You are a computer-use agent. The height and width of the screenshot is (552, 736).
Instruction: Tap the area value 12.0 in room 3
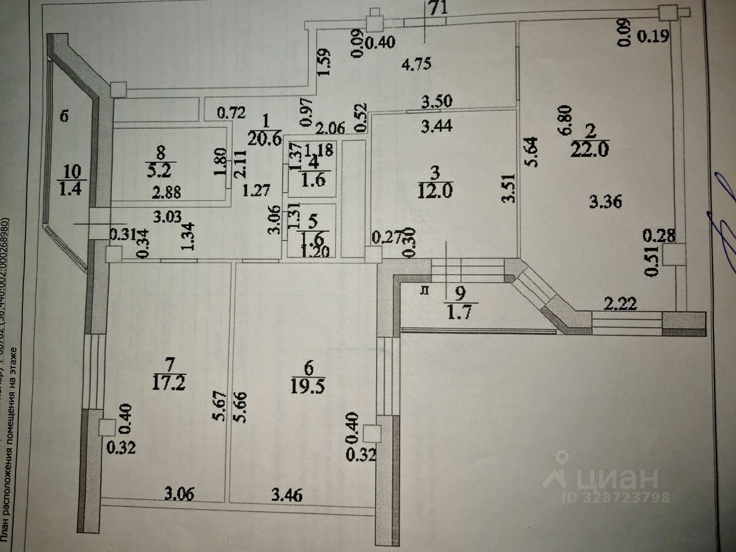435,190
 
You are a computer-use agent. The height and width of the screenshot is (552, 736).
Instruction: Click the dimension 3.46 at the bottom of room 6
287,494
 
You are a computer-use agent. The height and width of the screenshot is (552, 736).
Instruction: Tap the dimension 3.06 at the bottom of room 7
179,493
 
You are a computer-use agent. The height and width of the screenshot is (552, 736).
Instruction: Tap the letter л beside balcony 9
425,291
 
